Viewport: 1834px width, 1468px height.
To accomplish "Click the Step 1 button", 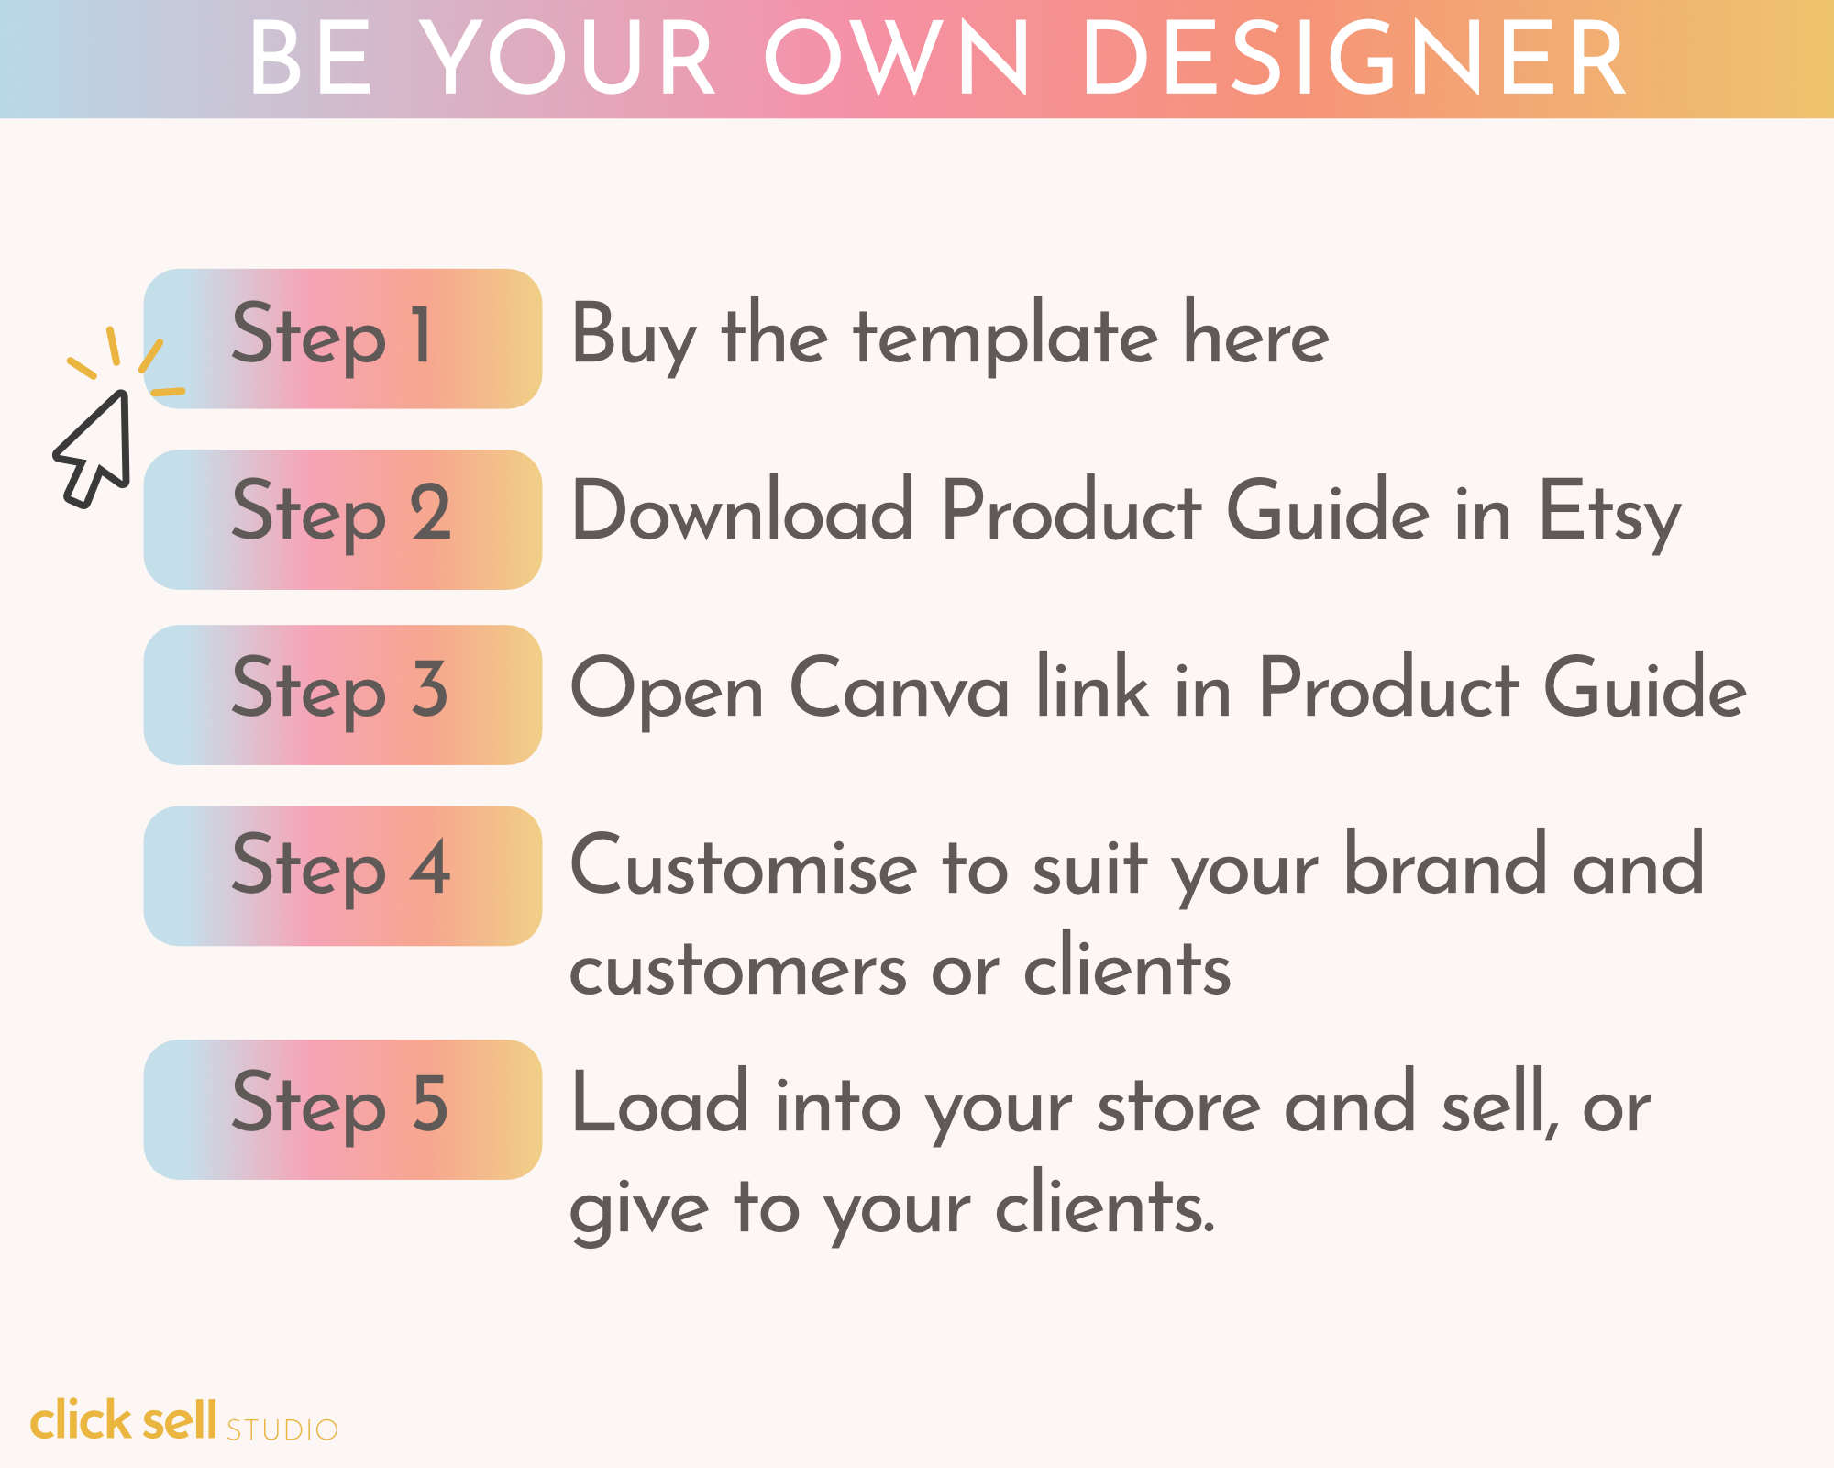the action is (343, 339).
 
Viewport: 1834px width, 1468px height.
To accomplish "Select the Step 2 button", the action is (343, 519).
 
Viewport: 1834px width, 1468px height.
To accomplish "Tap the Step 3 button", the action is (343, 695).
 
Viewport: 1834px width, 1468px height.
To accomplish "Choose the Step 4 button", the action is (343, 876).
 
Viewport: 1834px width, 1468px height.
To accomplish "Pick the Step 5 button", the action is (343, 1109).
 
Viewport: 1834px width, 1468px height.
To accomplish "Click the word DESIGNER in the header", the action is (1354, 59).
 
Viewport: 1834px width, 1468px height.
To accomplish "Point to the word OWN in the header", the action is (898, 59).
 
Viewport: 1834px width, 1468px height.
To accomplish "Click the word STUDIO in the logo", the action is (282, 1429).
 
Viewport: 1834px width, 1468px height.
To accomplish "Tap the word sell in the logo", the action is (180, 1420).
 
